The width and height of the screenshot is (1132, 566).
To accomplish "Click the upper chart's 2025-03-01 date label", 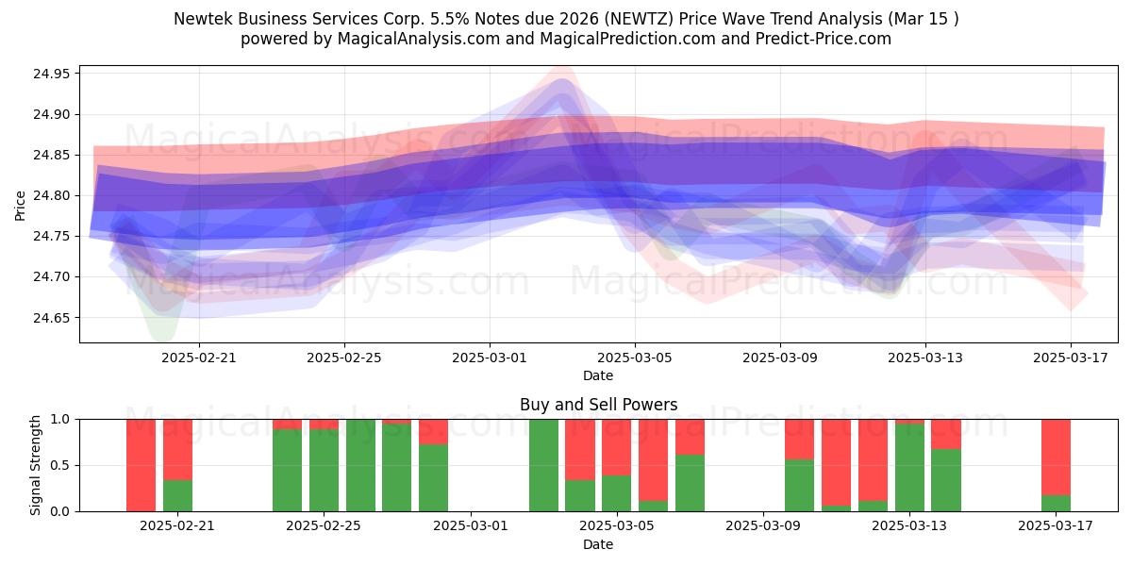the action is click(490, 358).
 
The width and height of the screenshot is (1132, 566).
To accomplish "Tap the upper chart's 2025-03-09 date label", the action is click(780, 358).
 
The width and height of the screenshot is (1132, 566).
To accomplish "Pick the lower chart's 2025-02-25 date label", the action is click(324, 526).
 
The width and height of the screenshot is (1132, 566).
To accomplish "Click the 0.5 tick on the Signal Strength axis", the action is click(60, 465).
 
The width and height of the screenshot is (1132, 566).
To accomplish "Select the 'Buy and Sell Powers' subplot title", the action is click(598, 405).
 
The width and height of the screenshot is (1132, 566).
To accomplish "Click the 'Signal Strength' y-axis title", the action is click(35, 465).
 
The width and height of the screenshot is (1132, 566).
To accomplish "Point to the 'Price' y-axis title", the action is click(20, 206).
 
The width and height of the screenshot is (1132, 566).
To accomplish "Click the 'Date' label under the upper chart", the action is click(598, 376).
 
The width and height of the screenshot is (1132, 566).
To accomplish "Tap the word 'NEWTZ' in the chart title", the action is click(641, 19).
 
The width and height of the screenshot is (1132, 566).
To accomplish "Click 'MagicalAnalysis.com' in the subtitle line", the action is click(419, 39).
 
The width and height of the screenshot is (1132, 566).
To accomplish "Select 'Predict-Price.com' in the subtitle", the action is click(824, 39).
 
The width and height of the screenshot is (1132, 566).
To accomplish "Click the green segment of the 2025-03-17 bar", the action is click(1056, 504).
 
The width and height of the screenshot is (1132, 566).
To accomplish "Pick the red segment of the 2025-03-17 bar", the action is click(1056, 458).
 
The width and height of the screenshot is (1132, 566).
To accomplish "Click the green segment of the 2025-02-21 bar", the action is click(177, 496).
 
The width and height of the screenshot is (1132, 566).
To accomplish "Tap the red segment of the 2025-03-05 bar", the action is click(616, 447).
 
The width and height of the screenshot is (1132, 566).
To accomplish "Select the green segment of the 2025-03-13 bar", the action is click(909, 468).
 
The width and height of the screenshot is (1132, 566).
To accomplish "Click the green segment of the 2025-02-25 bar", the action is click(324, 470).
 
